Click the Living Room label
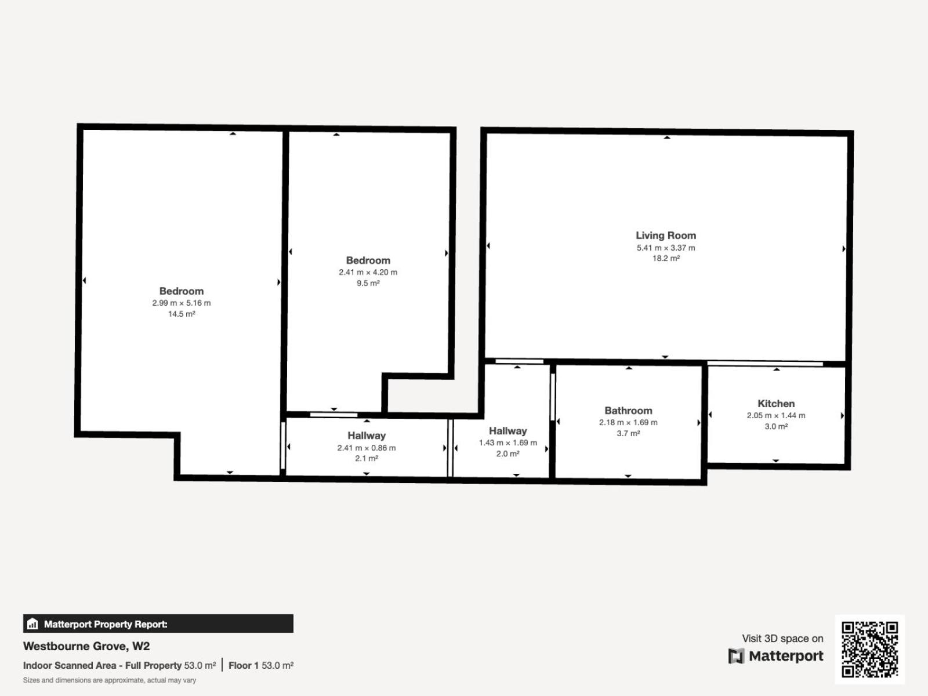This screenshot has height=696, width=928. click(x=666, y=235)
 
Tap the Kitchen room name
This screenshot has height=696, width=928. click(x=776, y=404)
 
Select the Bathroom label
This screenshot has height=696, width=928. click(x=628, y=410)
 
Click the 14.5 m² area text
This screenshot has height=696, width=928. click(x=182, y=314)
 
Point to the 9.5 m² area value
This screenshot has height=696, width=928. click(x=368, y=283)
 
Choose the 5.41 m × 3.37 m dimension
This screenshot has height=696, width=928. click(x=666, y=248)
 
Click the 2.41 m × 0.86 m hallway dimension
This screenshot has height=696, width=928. click(x=367, y=448)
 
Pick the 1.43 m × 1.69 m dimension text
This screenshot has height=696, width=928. click(x=507, y=443)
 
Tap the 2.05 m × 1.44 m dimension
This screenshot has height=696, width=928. click(x=776, y=415)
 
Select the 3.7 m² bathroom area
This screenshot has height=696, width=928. click(x=628, y=433)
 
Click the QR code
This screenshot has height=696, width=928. click(x=869, y=649)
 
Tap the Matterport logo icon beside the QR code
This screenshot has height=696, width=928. click(x=736, y=656)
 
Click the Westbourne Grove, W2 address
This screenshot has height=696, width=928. click(x=86, y=646)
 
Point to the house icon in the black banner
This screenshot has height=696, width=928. click(x=32, y=623)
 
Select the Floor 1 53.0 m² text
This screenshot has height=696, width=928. click(x=261, y=665)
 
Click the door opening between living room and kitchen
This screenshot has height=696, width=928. click(x=765, y=364)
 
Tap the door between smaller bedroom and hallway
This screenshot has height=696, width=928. click(x=333, y=415)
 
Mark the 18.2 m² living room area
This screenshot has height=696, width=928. click(x=666, y=258)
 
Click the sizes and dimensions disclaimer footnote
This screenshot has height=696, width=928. click(x=110, y=680)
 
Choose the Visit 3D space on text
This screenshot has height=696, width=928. click(x=782, y=638)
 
